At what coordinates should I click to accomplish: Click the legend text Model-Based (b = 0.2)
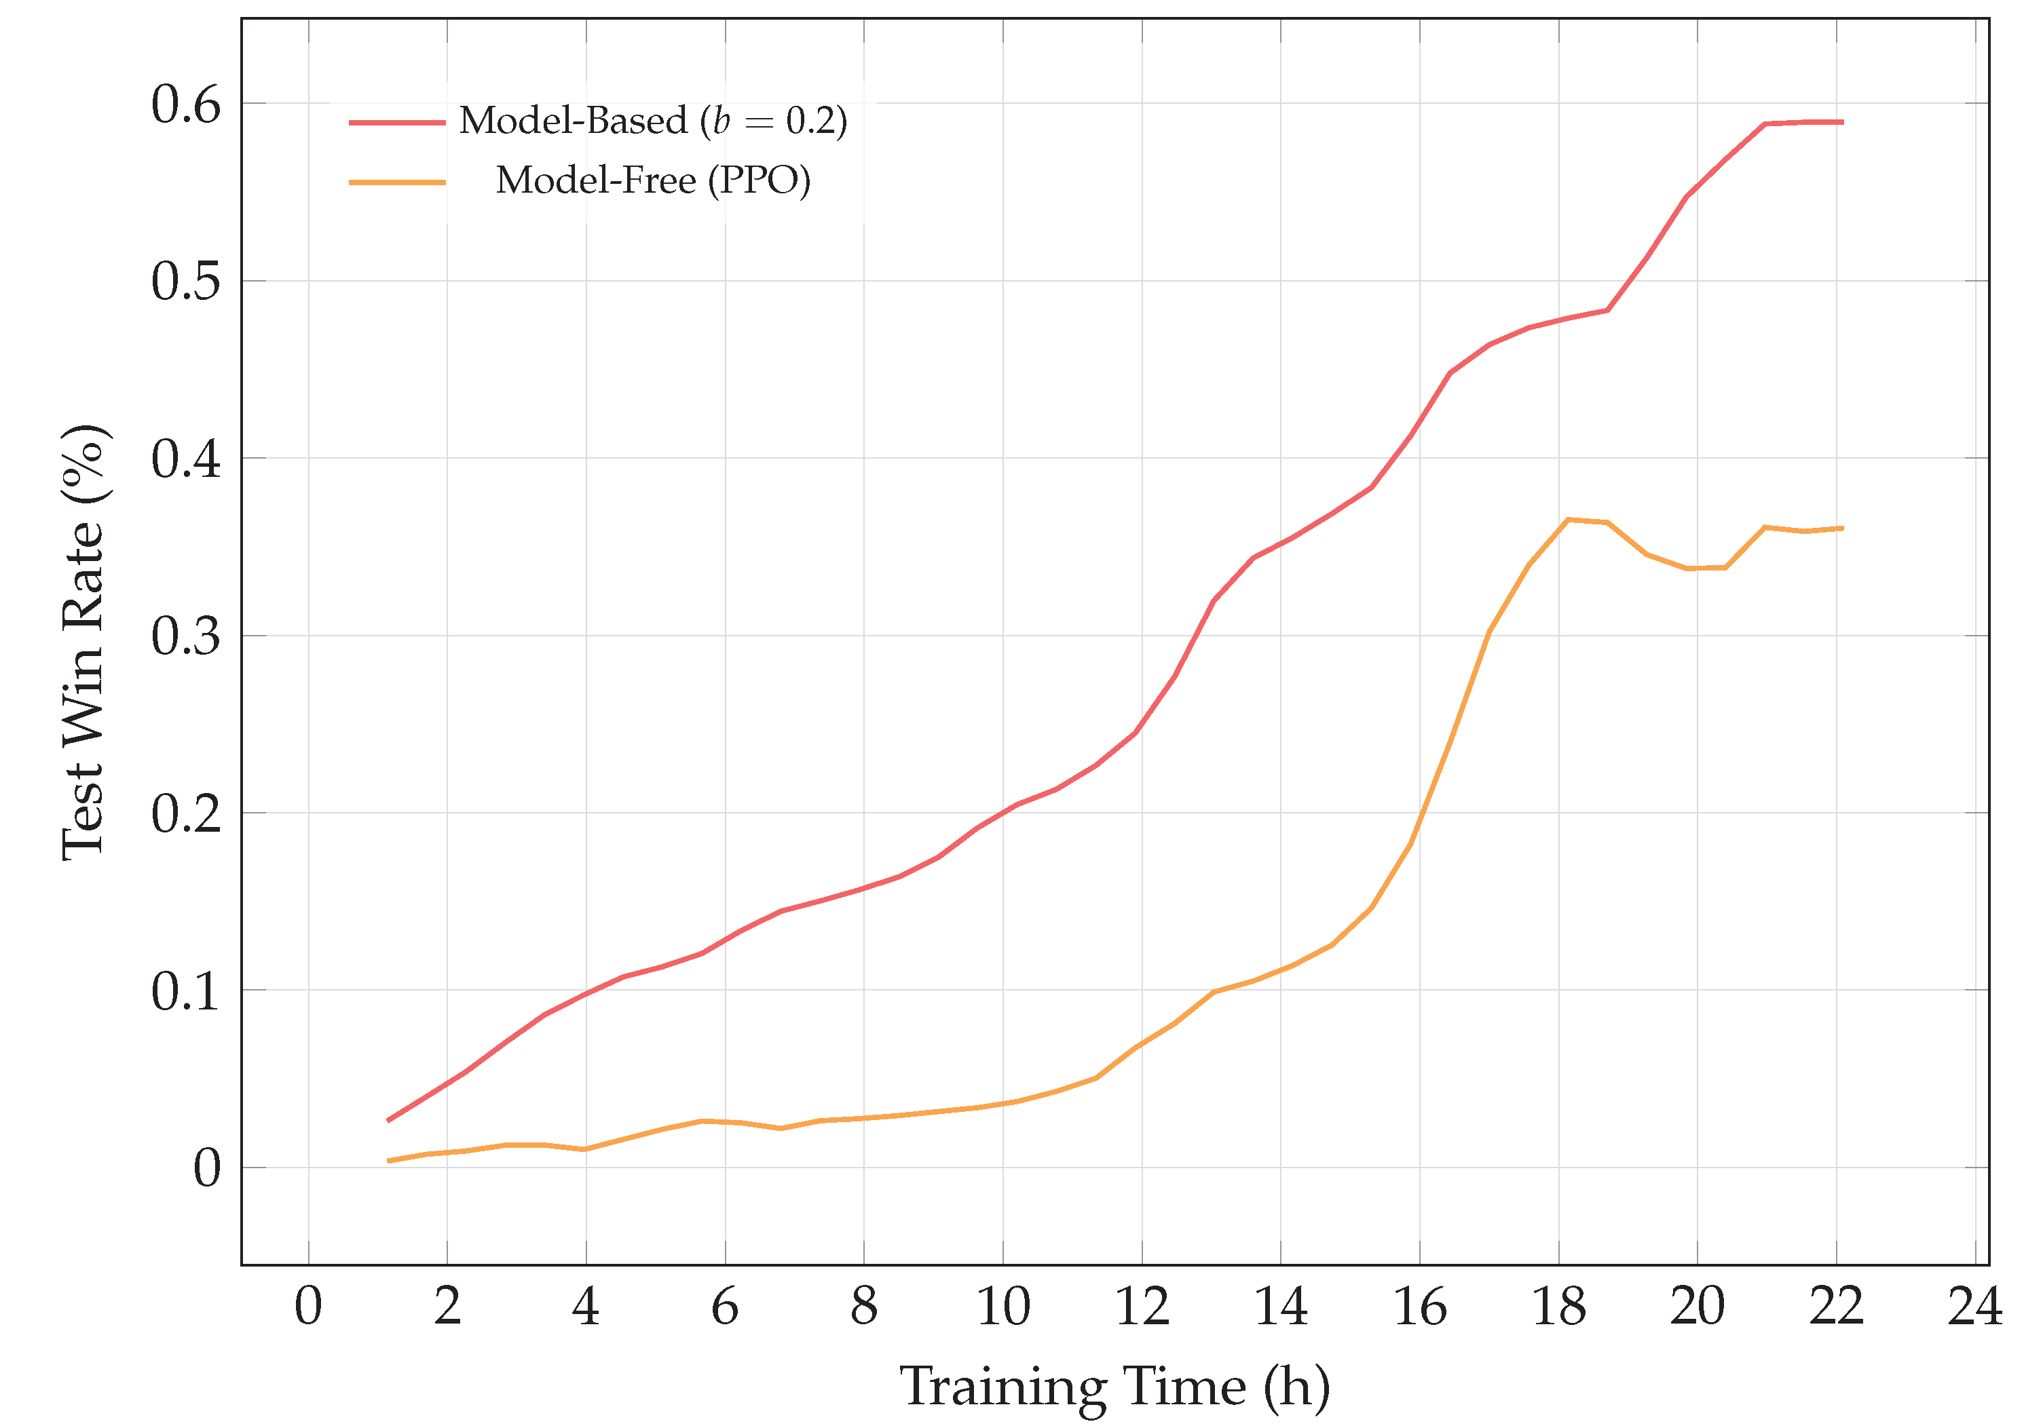tap(652, 121)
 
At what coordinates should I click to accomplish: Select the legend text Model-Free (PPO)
tap(652, 180)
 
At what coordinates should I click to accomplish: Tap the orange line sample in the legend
tap(396, 182)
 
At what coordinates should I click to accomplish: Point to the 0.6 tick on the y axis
tap(185, 105)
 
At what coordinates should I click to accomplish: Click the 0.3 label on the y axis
tap(185, 637)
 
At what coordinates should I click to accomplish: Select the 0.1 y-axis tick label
tap(185, 993)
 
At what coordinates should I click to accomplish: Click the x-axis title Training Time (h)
tap(1114, 1387)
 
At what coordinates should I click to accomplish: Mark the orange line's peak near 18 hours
tap(1567, 520)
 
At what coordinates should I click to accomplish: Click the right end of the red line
tap(1842, 123)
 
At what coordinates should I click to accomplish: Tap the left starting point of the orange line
tap(389, 1161)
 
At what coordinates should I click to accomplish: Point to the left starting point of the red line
tap(389, 1121)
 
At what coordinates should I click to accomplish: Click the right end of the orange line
tap(1842, 528)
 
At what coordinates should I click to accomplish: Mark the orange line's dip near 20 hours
tap(1688, 569)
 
